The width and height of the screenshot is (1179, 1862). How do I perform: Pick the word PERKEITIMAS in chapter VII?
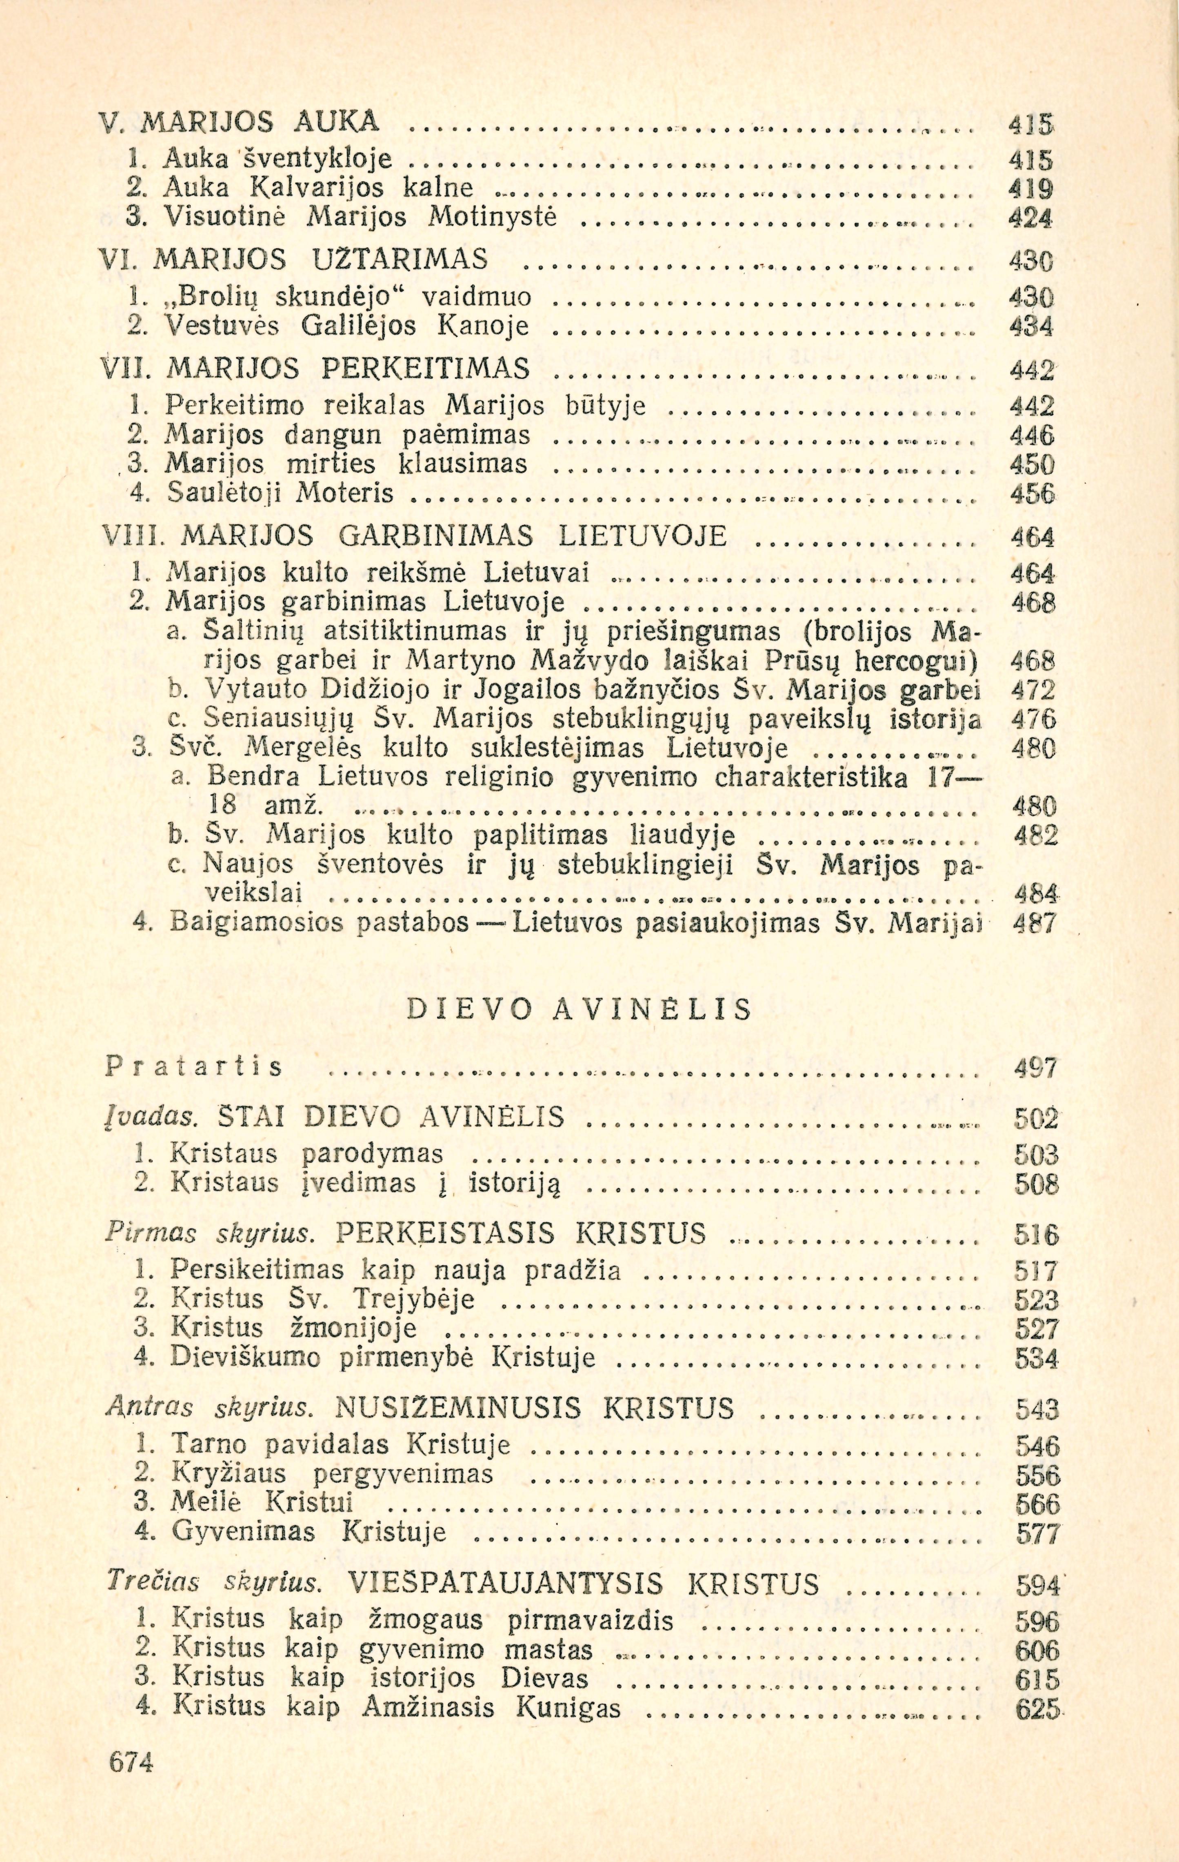(425, 369)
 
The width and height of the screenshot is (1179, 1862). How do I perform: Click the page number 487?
(1035, 924)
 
